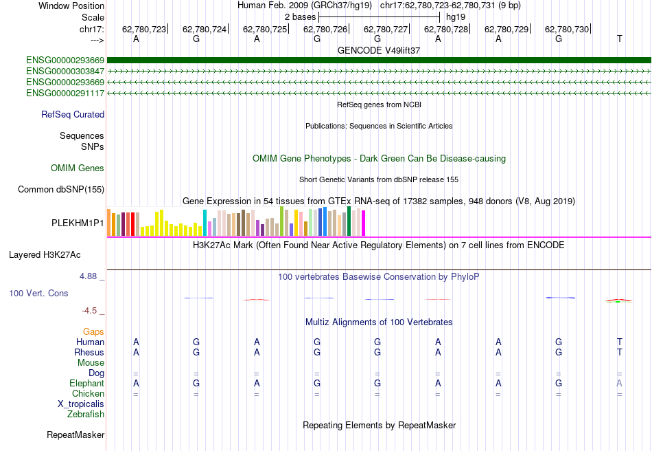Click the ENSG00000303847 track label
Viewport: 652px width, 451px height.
point(65,71)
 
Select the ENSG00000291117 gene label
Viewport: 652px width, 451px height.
point(65,93)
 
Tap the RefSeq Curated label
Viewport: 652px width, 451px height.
point(73,115)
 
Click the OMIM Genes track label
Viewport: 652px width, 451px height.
point(78,168)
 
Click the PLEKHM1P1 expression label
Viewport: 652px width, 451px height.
point(78,223)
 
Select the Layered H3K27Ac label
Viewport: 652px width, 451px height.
point(45,255)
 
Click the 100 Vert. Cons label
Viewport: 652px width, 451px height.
point(38,294)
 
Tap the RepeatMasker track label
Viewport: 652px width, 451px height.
point(75,435)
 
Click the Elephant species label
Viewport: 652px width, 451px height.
point(86,384)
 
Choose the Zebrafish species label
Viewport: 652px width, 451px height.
point(86,415)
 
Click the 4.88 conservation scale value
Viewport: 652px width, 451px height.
point(89,276)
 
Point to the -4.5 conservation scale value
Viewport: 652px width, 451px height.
point(92,311)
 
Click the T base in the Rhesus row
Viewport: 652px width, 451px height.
point(620,353)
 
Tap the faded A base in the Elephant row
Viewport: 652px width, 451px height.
point(620,384)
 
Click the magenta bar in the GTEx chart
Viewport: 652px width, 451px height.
point(363,222)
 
